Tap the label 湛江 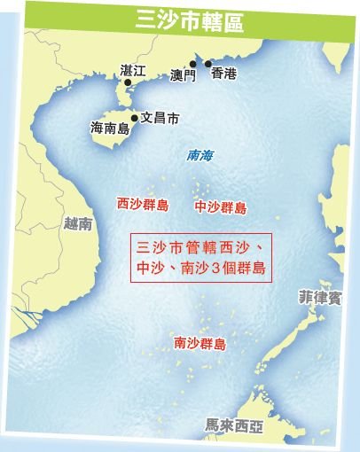[132, 69]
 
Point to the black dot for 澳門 [192, 65]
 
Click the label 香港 [224, 75]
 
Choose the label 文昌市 [160, 117]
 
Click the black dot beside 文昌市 [135, 117]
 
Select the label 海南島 [109, 129]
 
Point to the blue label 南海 [200, 155]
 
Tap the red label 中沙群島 [220, 207]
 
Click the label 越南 [76, 224]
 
